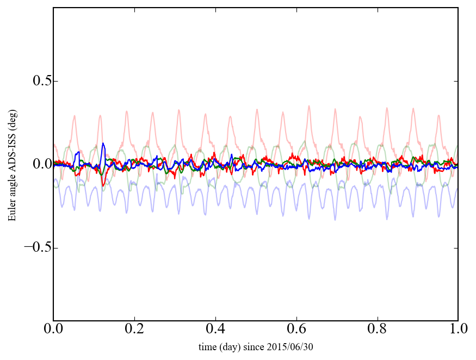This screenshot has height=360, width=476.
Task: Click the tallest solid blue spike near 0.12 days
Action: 103,144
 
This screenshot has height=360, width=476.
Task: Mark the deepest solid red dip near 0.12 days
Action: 103,186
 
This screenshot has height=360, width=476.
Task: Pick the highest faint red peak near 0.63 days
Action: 309,106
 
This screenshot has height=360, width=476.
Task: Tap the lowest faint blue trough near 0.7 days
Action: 335,219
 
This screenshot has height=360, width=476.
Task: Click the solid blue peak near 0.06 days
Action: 79,152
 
